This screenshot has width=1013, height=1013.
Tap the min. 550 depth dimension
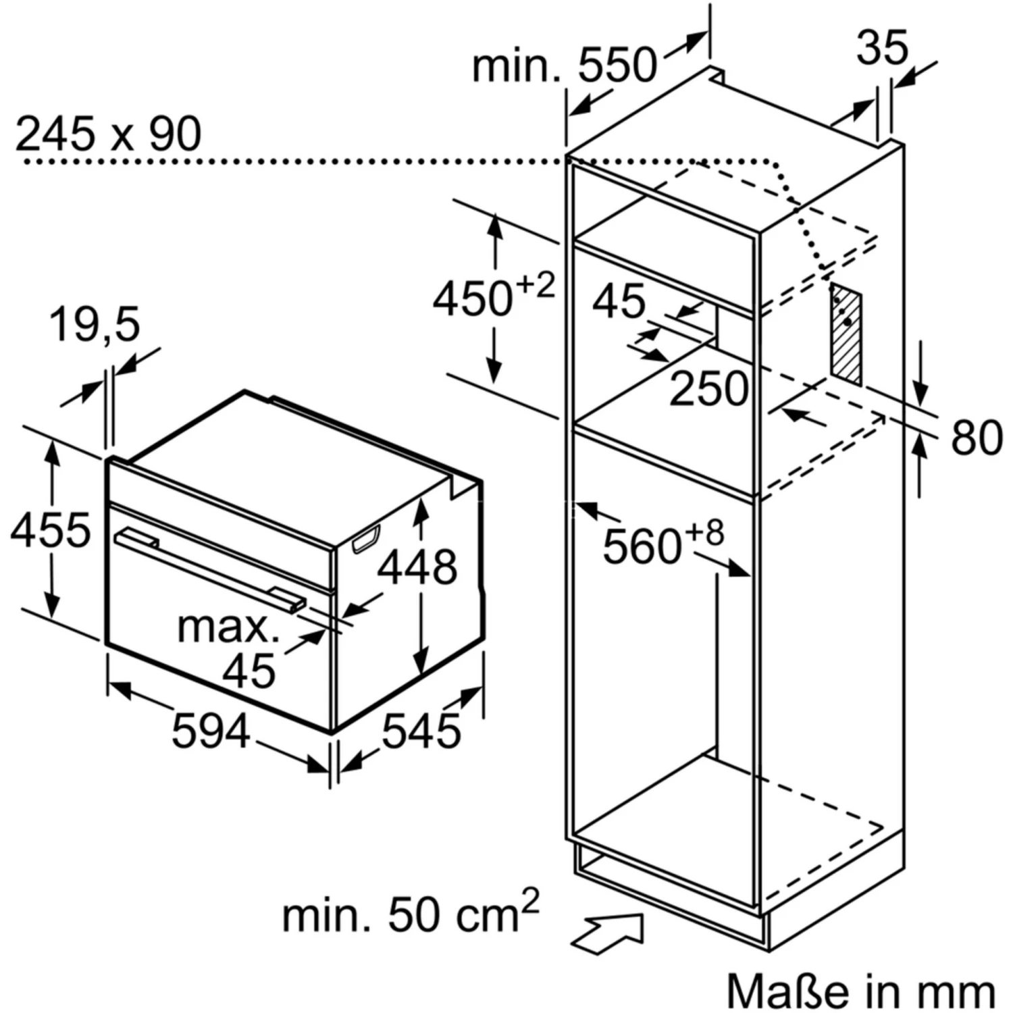pyautogui.click(x=564, y=66)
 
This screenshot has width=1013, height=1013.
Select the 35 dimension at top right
pyautogui.click(x=882, y=48)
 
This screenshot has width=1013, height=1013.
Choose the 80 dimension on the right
pyautogui.click(x=977, y=438)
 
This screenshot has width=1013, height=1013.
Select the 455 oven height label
pyautogui.click(x=50, y=529)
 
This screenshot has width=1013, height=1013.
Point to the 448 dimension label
pyautogui.click(x=417, y=567)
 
